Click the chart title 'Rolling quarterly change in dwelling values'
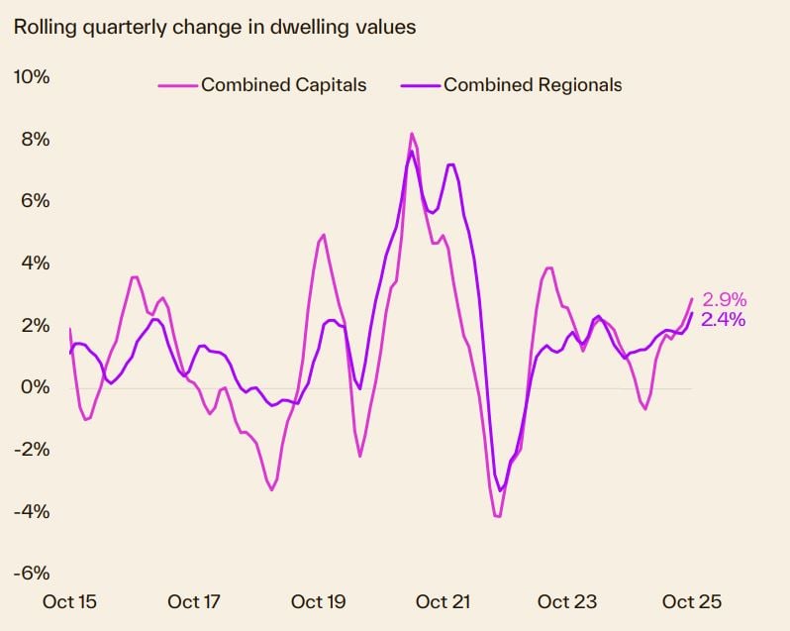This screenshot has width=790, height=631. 214,27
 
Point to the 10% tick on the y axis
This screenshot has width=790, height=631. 31,77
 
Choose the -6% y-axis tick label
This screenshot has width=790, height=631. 31,574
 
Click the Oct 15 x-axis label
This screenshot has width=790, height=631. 70,601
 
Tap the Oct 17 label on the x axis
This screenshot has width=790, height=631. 194,601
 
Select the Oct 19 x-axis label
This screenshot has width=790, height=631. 319,601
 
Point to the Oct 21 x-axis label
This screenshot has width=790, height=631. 444,601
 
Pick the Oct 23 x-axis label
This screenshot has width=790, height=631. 567,601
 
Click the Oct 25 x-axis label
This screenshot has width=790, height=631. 692,601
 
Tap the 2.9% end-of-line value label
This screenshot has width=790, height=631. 724,299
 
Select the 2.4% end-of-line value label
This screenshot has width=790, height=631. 724,319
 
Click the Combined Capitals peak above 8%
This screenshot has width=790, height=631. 412,134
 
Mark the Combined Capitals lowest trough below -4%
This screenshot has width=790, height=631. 498,516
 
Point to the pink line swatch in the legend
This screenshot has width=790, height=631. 178,86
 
